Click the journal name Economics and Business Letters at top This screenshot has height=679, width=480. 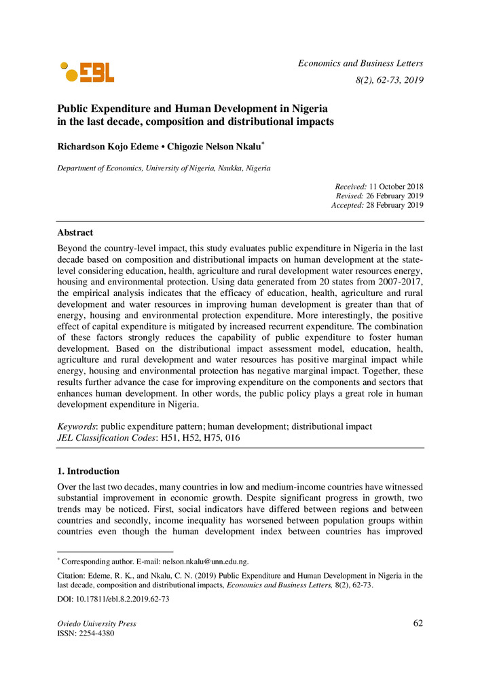tap(361, 63)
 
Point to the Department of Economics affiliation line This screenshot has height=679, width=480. tap(164, 168)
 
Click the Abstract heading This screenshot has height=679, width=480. tap(75, 232)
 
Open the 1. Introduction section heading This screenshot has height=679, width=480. tap(88, 471)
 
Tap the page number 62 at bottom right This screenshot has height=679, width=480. tap(418, 623)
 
